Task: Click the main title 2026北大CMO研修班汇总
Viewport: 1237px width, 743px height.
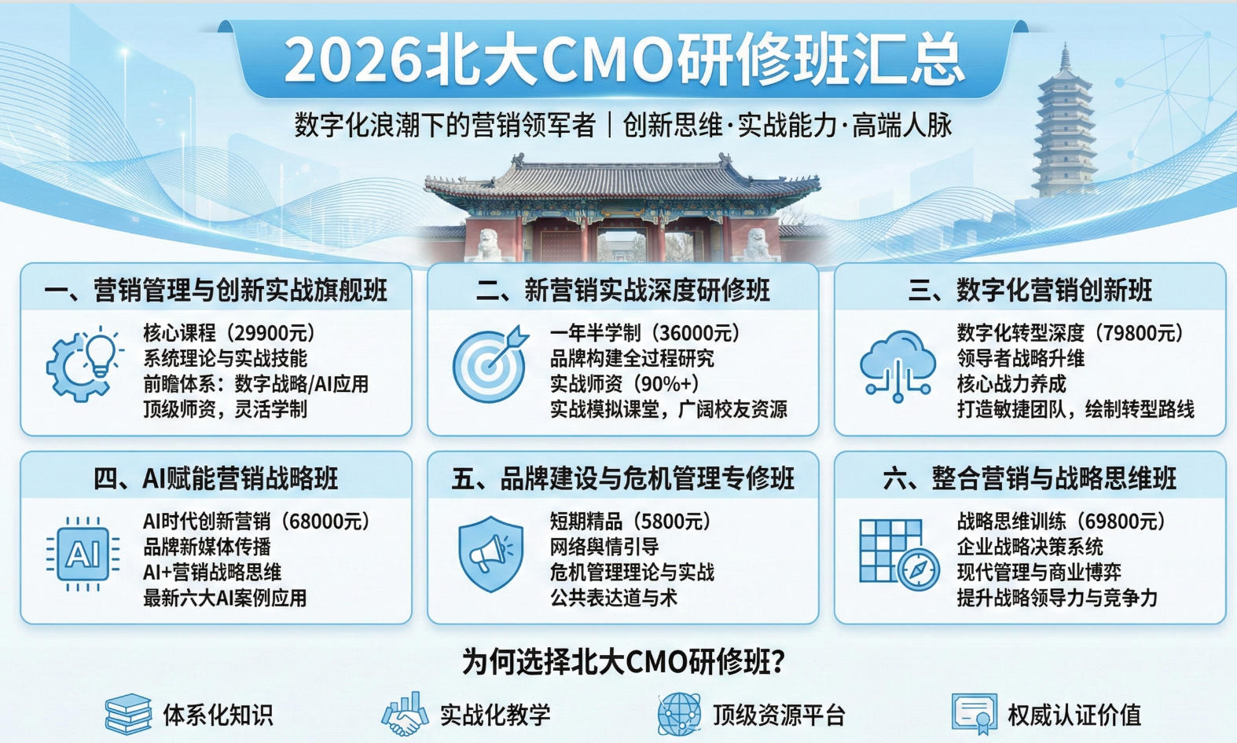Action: [622, 60]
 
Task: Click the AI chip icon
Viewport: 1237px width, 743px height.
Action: [83, 554]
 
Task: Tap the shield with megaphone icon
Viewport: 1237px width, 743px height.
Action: [490, 554]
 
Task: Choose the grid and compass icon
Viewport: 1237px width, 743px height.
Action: [898, 554]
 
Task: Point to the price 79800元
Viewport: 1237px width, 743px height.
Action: [1137, 333]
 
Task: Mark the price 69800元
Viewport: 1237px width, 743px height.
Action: [1119, 522]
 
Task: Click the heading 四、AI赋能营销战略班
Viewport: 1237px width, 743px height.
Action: [216, 478]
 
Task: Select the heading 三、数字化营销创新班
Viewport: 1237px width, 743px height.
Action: [1030, 291]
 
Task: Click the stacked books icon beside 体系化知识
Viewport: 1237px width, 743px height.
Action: [127, 714]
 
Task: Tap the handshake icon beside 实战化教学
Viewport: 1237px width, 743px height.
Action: [405, 714]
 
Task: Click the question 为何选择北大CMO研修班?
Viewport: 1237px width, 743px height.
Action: [622, 662]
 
